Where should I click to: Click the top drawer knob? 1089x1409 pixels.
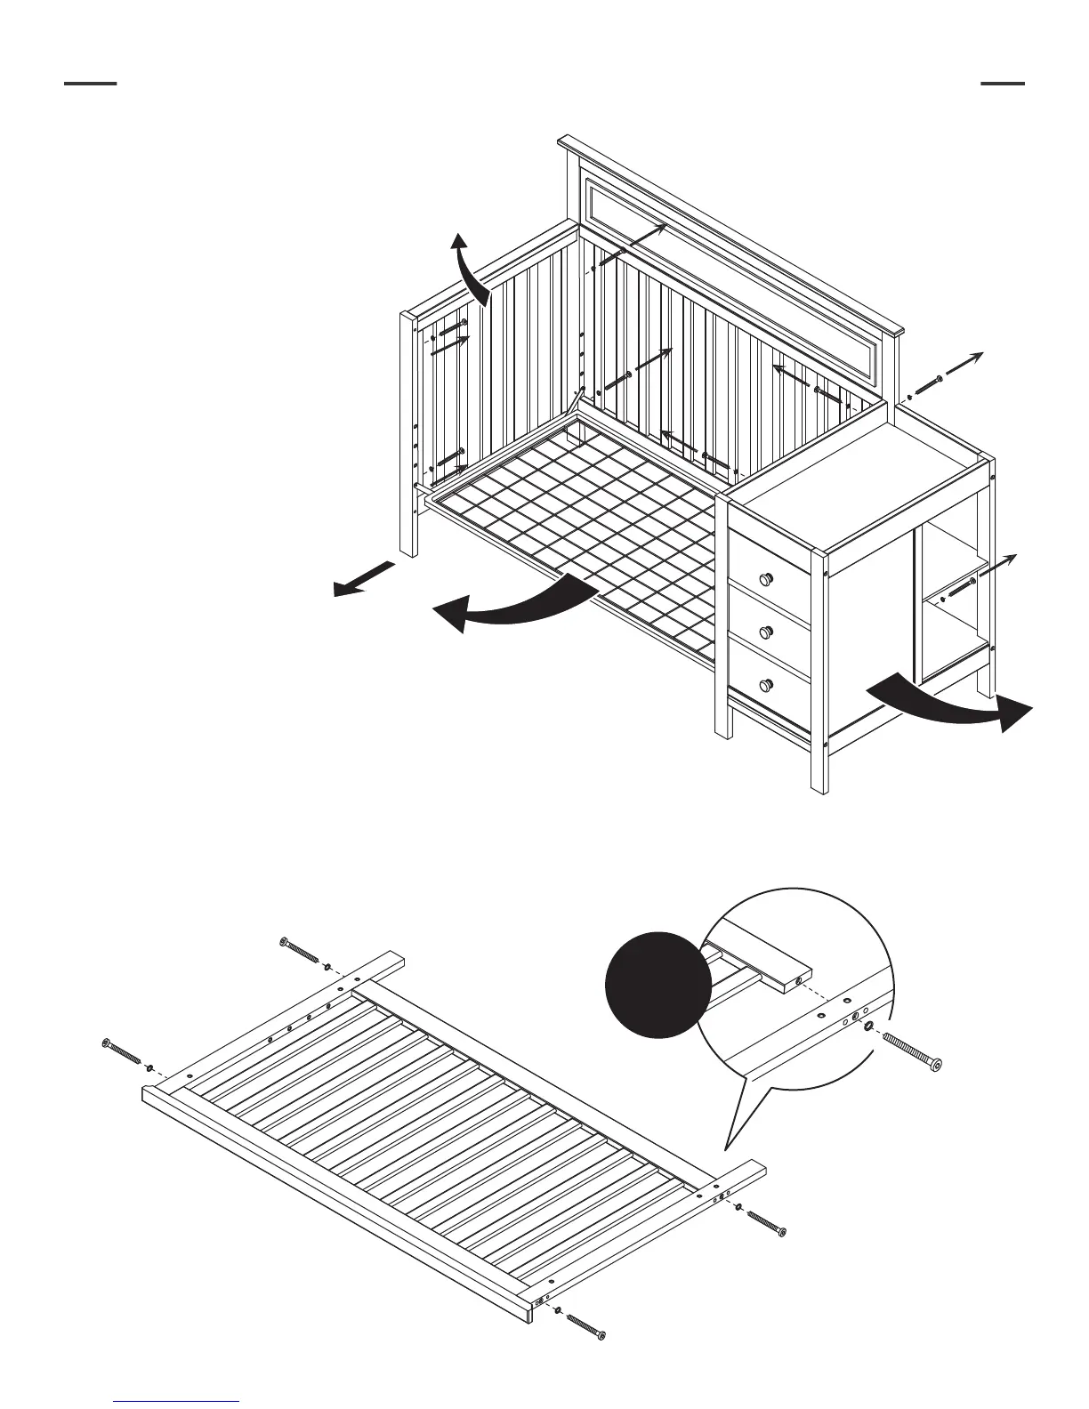point(764,579)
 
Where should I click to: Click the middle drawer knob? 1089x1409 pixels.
point(764,632)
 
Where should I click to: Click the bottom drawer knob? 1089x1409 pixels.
point(764,685)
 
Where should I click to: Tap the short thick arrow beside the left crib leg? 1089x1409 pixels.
point(363,578)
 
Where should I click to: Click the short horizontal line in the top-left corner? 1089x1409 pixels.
point(90,84)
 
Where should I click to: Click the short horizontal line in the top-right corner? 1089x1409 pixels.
point(1002,84)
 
